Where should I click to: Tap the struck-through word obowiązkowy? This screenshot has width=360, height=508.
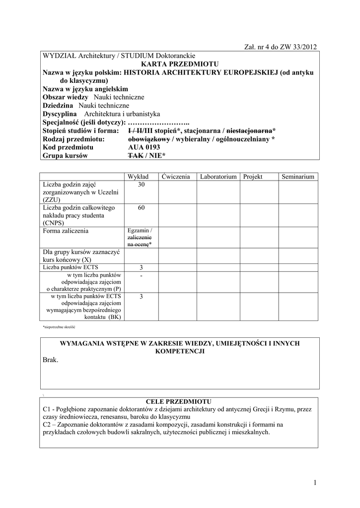[x=148, y=139]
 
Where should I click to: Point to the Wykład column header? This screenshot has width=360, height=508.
[x=138, y=177]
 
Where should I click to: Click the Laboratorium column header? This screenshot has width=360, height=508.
[x=218, y=177]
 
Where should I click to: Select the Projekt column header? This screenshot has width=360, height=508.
[x=252, y=177]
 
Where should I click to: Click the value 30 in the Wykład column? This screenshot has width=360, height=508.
[x=141, y=185]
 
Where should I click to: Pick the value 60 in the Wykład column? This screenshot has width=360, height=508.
[x=141, y=208]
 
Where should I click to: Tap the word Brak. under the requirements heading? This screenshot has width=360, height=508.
[x=51, y=360]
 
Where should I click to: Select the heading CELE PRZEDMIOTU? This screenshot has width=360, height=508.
[x=179, y=401]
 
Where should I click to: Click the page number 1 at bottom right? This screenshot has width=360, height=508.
[x=315, y=483]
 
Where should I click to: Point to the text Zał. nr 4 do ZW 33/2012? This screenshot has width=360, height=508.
[x=280, y=47]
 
